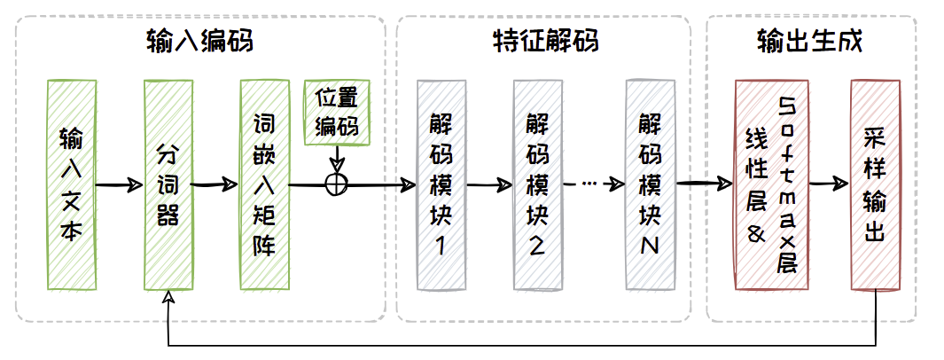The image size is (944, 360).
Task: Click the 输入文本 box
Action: tap(71, 184)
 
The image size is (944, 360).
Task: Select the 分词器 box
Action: tap(168, 184)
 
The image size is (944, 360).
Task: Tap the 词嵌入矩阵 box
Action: tap(265, 184)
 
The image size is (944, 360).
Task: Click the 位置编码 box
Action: tap(337, 113)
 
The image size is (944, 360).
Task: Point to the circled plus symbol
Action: tap(337, 184)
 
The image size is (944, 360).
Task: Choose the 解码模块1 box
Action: tap(441, 184)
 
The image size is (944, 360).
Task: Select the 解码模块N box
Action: tap(651, 184)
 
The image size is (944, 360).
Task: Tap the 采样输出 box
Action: tap(875, 184)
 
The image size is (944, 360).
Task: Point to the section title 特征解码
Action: tap(544, 41)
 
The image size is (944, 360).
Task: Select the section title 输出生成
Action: tap(810, 41)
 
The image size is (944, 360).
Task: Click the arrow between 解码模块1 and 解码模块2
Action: tap(489, 185)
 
